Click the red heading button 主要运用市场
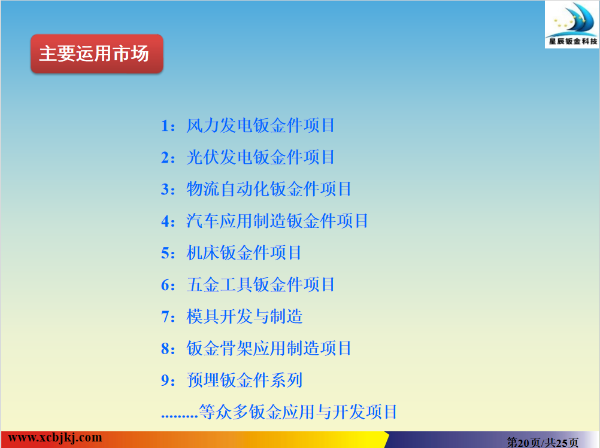click(97, 53)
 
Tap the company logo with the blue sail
click(572, 25)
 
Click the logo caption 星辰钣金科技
click(573, 41)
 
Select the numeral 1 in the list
click(165, 126)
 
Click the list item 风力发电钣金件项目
click(260, 126)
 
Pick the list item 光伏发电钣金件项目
click(260, 157)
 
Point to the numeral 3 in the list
click(165, 190)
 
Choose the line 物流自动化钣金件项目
click(269, 189)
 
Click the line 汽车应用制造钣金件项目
click(277, 221)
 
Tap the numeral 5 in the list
click(165, 253)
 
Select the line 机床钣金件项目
click(244, 252)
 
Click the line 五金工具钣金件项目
click(260, 285)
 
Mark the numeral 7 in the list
click(165, 317)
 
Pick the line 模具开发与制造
click(244, 316)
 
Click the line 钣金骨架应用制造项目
click(269, 348)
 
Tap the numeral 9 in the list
click(165, 380)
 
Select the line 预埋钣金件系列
click(244, 380)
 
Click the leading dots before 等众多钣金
click(180, 416)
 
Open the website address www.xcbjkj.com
click(55, 438)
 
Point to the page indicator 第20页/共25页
click(543, 443)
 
